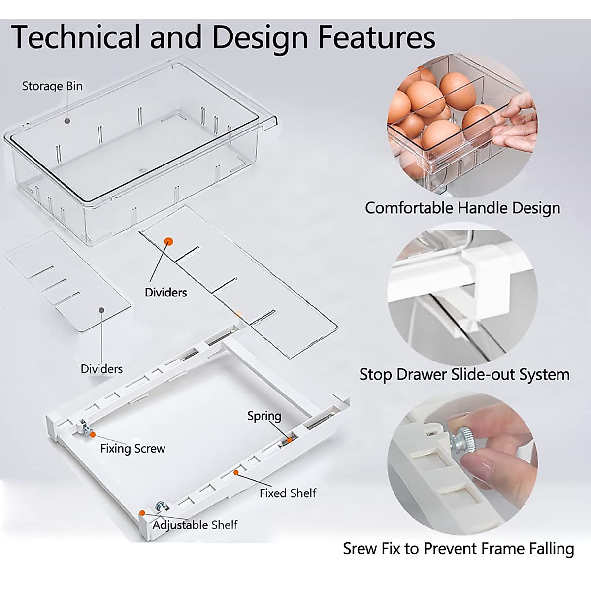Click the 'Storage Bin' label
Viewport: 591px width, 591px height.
coord(52,86)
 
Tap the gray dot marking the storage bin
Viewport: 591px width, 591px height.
coord(67,120)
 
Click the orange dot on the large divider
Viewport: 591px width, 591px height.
coord(168,241)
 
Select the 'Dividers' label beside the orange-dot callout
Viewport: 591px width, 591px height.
coord(166,292)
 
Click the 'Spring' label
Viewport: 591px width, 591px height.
coord(264,416)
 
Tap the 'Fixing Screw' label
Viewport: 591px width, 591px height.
coord(133,448)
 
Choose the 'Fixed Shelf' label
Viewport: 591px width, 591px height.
coord(288,492)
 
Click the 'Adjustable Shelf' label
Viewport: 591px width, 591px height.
coord(195,525)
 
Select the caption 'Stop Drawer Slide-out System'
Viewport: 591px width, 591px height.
coord(464,374)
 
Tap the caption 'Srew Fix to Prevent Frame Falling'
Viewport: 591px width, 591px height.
coord(459,548)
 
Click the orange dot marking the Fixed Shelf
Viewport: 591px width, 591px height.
coord(236,472)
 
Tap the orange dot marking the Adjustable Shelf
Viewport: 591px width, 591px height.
coord(142,513)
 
